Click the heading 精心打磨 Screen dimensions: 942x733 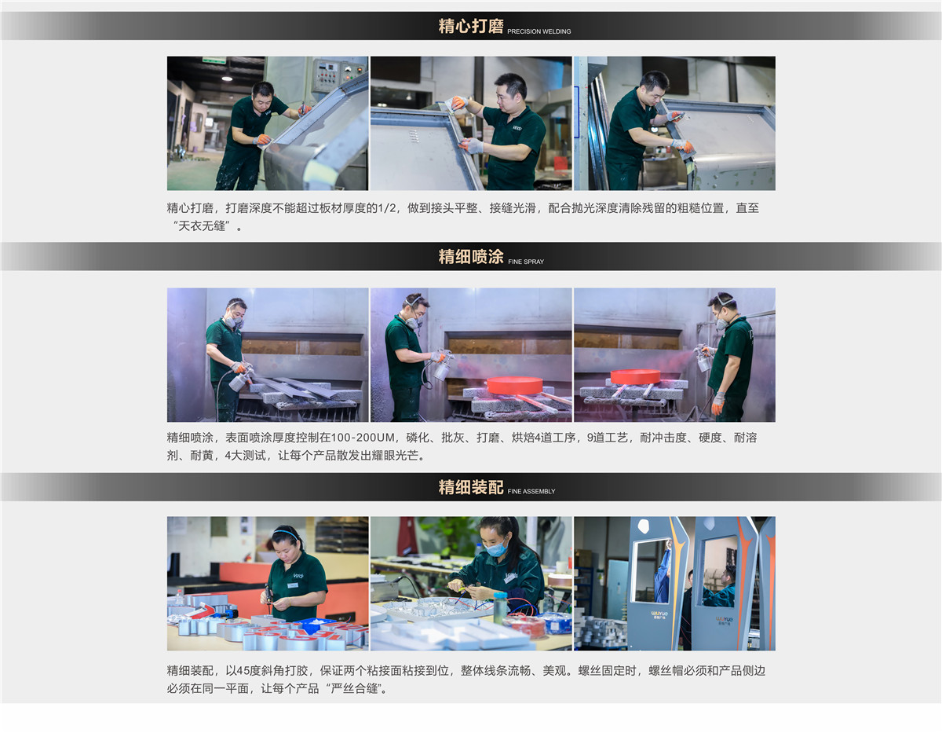click(470, 26)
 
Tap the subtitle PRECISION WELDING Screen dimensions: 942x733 click(539, 31)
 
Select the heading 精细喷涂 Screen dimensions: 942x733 click(470, 256)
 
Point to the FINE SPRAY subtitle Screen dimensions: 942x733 click(526, 262)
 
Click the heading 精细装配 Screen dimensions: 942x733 click(470, 486)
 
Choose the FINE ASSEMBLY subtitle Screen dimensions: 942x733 click(531, 491)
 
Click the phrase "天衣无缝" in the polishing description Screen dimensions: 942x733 click(202, 226)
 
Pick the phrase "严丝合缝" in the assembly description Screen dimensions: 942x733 click(354, 688)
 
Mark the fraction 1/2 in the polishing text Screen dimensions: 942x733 click(387, 208)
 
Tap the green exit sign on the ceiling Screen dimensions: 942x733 click(214, 60)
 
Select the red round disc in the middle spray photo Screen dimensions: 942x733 click(514, 385)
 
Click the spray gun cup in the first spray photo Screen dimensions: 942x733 click(239, 382)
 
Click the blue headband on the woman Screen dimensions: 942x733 click(286, 533)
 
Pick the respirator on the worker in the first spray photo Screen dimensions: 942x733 click(233, 321)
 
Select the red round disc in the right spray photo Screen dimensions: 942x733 click(636, 376)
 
